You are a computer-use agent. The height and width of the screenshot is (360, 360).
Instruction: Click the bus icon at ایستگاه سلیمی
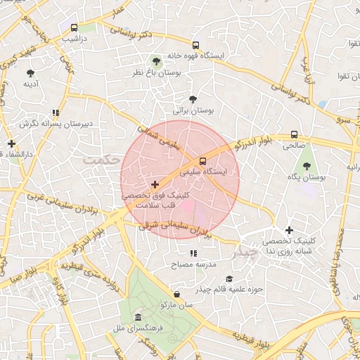tap(203, 160)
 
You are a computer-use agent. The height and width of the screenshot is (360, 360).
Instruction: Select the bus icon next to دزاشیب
tap(75, 27)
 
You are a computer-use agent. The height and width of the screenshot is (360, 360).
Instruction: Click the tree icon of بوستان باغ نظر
tap(156, 61)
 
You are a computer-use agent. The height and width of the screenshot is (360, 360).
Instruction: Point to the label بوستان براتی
tap(193, 111)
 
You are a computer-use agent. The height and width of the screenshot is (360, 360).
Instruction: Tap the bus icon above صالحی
tap(293, 135)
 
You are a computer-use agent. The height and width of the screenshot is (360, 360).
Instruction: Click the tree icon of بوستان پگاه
tap(307, 166)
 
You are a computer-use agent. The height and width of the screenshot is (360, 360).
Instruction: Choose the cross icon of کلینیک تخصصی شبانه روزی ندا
tap(288, 230)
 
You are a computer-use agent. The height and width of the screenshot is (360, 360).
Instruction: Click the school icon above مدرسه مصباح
tap(193, 254)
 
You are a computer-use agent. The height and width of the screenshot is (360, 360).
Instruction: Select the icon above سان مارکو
tap(176, 295)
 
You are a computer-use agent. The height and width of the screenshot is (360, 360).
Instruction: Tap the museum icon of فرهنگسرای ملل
tap(138, 317)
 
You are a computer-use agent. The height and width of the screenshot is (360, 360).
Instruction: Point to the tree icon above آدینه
tap(30, 72)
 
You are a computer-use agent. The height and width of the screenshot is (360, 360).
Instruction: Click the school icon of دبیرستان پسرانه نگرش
tap(55, 112)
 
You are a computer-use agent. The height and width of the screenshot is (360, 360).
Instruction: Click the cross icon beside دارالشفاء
tap(11, 143)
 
